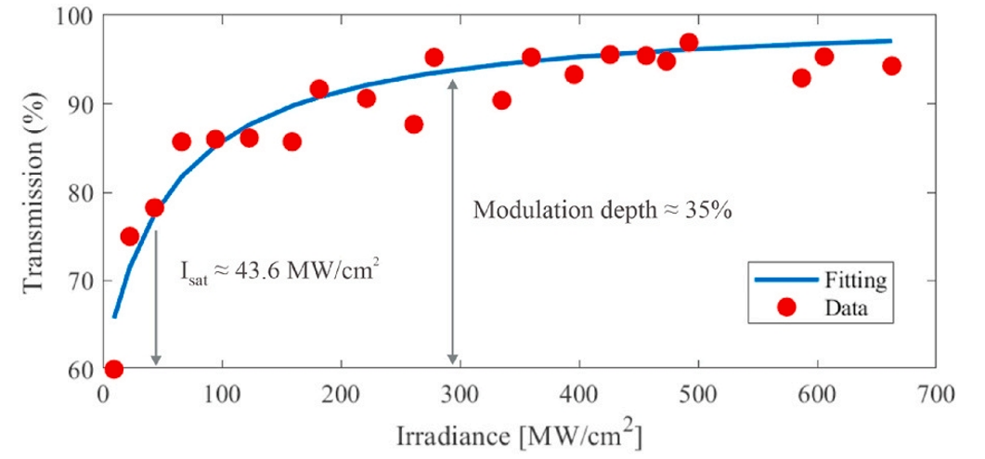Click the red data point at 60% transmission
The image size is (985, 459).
coord(114,370)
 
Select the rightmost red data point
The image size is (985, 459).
coord(891,66)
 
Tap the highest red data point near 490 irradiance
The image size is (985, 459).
coord(688,43)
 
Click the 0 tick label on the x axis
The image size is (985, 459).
coord(104,395)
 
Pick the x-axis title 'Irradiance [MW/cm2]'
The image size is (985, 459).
coord(520,434)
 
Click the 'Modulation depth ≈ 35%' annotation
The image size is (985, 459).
coord(603,211)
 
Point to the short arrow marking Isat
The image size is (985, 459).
coord(156,297)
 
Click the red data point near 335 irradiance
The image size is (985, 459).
coord(501,100)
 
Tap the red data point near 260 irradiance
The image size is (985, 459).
coord(414,125)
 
